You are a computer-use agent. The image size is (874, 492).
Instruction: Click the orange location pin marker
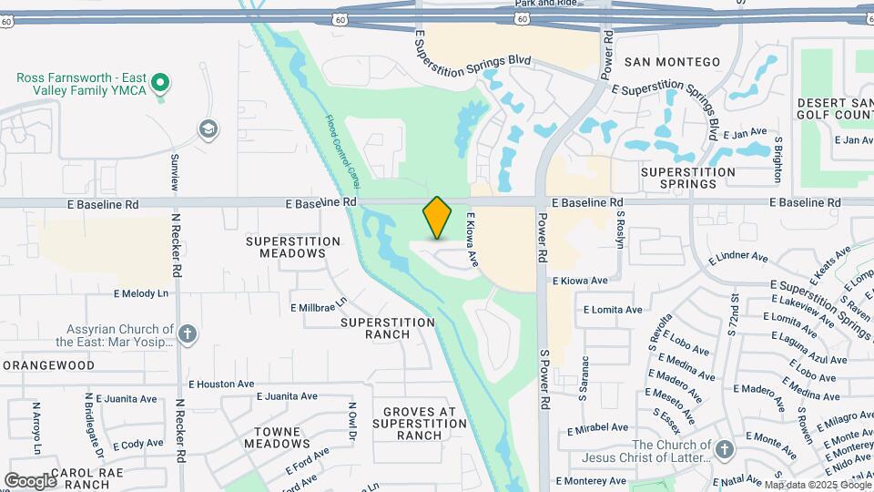[437, 218]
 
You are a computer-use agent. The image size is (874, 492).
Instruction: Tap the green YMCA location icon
[161, 85]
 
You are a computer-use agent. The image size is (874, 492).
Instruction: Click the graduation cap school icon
[208, 128]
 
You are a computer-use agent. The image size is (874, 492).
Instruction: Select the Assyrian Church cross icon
[188, 334]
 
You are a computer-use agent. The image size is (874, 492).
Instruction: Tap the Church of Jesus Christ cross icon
[724, 450]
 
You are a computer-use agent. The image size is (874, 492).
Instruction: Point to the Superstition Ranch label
[388, 329]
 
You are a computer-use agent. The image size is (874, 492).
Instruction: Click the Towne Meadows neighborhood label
[275, 436]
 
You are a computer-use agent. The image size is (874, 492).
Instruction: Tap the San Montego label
[673, 62]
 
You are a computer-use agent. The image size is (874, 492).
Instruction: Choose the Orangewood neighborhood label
[48, 365]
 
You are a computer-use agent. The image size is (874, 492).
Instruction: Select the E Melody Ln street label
[141, 293]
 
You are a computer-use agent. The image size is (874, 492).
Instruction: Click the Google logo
[30, 480]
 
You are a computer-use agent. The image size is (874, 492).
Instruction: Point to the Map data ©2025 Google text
[815, 485]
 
